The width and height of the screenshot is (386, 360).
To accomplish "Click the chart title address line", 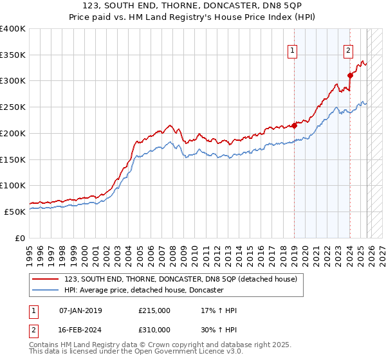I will click(x=193, y=6).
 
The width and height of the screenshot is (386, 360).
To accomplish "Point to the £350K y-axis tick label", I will click(x=13, y=55).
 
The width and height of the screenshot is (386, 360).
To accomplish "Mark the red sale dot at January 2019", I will click(x=294, y=125).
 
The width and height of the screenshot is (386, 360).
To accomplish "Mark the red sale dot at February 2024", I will click(x=350, y=75).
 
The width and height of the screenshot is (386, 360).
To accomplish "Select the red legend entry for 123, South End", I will click(x=180, y=279).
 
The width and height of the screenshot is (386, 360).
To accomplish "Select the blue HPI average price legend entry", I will click(x=143, y=291).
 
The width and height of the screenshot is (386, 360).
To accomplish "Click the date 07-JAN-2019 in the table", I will click(x=80, y=310).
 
